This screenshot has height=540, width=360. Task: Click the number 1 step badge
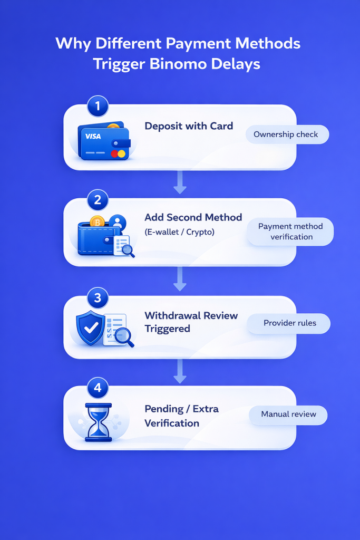pyautogui.click(x=97, y=106)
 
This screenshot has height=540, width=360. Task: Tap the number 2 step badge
pyautogui.click(x=97, y=200)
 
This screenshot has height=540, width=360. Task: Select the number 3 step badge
pyautogui.click(x=97, y=297)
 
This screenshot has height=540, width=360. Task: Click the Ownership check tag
pyautogui.click(x=286, y=134)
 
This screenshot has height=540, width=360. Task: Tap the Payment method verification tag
pyautogui.click(x=291, y=232)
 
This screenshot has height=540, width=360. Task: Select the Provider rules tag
pyautogui.click(x=290, y=323)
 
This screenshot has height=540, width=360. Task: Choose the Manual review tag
pyautogui.click(x=288, y=414)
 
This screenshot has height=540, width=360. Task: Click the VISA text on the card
pyautogui.click(x=93, y=137)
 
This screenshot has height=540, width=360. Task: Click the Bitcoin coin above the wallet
pyautogui.click(x=97, y=222)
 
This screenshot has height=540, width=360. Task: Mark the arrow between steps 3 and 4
pyautogui.click(x=180, y=372)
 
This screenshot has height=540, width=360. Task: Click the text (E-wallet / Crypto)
pyautogui.click(x=179, y=232)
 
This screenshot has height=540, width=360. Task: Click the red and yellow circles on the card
pyautogui.click(x=119, y=154)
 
